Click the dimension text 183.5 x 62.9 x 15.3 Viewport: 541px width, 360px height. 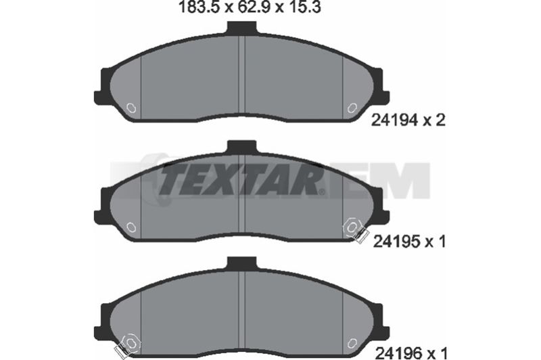249,7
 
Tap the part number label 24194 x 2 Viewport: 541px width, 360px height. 408,120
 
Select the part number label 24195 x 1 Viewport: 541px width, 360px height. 410,242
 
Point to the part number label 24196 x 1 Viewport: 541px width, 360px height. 411,353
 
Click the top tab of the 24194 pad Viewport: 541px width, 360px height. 242,28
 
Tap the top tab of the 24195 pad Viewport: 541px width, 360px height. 242,147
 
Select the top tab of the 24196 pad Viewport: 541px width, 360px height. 242,264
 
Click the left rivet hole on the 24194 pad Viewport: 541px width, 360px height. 131,108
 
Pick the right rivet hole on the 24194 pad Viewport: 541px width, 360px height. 352,108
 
